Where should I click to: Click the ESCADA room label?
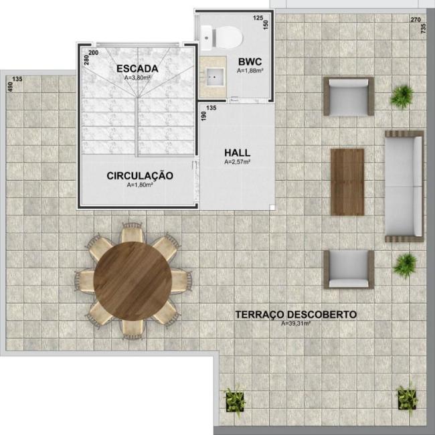click(x=137, y=68)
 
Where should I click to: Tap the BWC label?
click(x=250, y=62)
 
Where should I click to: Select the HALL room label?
click(x=237, y=153)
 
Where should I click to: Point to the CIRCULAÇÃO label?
click(x=140, y=175)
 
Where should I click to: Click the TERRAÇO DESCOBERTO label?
click(x=296, y=315)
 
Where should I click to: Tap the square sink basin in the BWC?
click(x=215, y=76)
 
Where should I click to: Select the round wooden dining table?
click(x=133, y=281)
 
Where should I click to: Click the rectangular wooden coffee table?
click(x=347, y=182)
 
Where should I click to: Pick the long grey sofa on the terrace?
click(x=404, y=186)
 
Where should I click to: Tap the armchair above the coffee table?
click(x=349, y=96)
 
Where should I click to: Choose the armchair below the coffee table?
click(x=349, y=269)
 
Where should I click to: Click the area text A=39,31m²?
click(x=296, y=323)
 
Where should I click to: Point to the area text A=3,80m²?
click(x=137, y=78)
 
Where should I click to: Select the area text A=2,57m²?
click(x=237, y=162)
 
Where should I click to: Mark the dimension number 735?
click(x=423, y=28)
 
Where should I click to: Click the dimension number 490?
click(x=10, y=87)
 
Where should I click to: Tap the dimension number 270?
click(x=416, y=19)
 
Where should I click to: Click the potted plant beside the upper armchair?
click(x=402, y=96)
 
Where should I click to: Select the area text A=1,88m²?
click(x=250, y=71)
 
